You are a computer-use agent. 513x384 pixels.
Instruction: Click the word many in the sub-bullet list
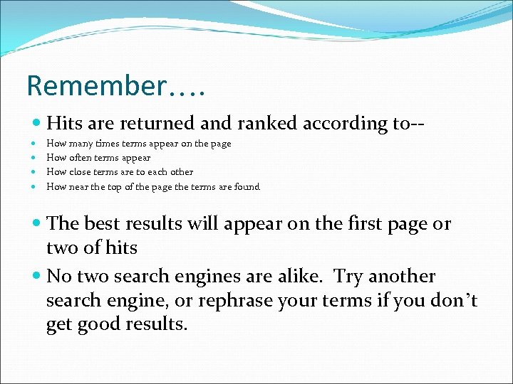tap(81, 144)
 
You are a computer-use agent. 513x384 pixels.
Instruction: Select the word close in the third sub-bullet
tap(81, 172)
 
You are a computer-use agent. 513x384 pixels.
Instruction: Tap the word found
tap(248, 187)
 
